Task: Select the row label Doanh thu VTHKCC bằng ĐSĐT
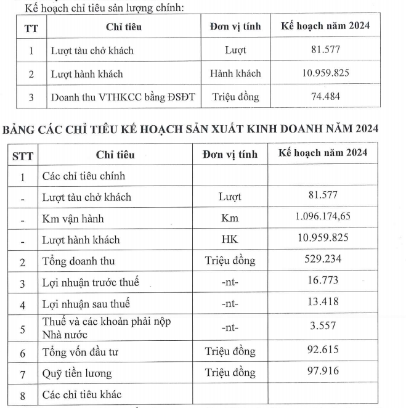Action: [x=123, y=97]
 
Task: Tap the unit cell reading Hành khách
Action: [x=235, y=73]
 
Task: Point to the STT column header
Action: [x=23, y=155]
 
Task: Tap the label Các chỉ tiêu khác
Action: [x=83, y=394]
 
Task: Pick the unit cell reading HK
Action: [x=230, y=240]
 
